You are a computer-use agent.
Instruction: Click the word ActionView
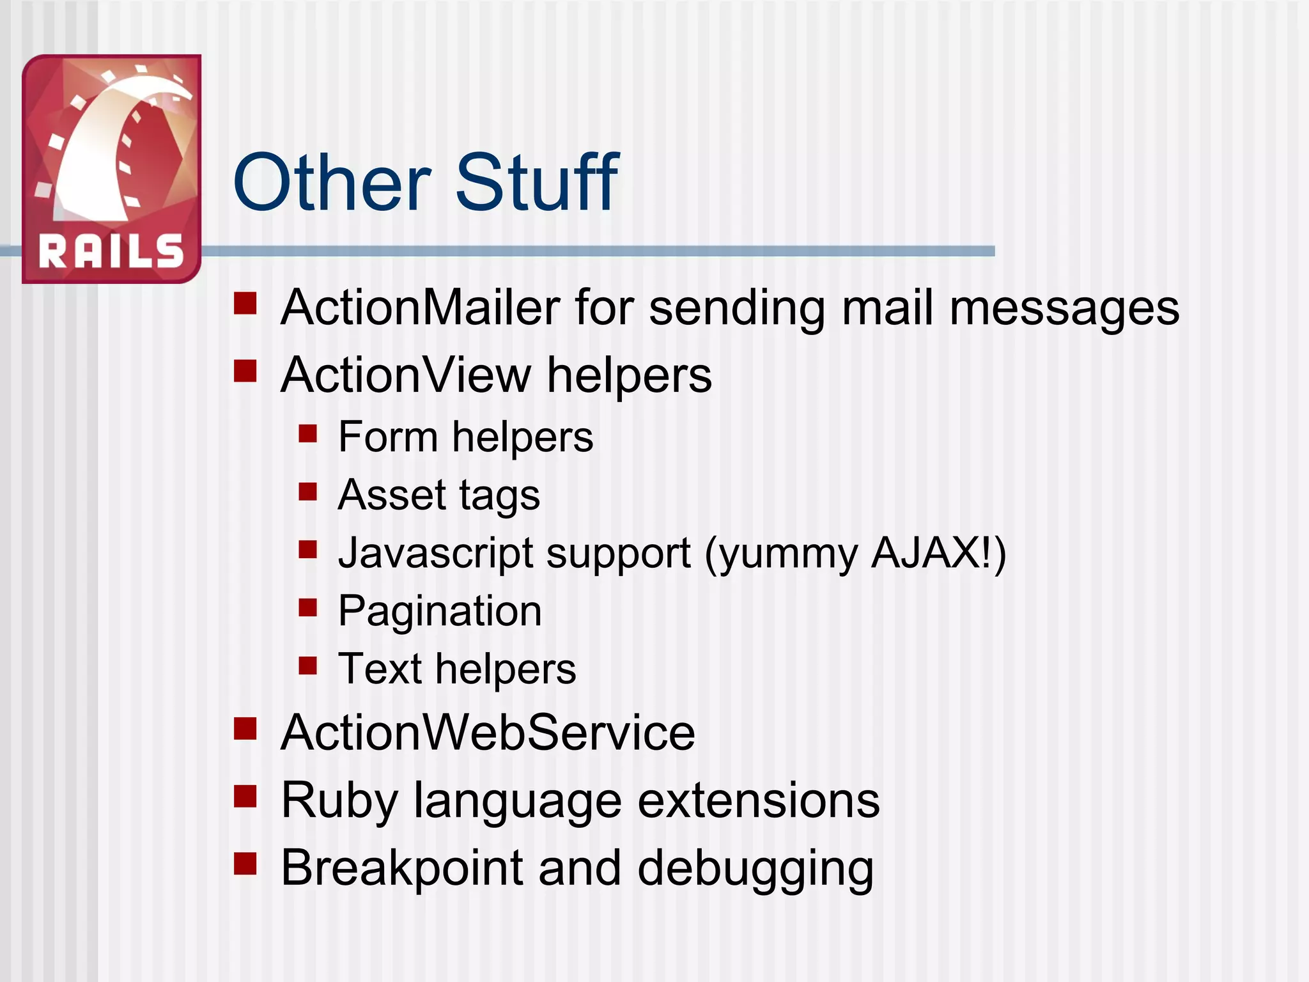[x=406, y=375]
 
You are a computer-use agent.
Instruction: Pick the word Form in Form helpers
[x=387, y=437]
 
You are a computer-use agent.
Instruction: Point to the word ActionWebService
[x=488, y=733]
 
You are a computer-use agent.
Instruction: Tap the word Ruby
[x=339, y=801]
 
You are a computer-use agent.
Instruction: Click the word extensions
[x=759, y=800]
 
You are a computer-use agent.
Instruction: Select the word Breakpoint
[x=402, y=869]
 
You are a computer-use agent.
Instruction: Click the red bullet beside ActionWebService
[x=245, y=728]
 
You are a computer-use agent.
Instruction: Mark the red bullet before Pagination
[x=307, y=607]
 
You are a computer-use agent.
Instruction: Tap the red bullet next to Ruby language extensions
[x=245, y=796]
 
